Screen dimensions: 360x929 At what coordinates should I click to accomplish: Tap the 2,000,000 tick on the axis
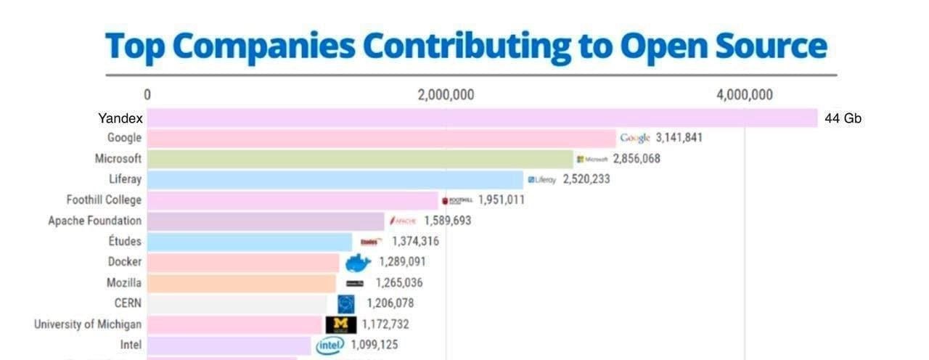coord(446,95)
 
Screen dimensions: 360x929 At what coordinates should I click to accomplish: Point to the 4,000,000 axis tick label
coord(744,95)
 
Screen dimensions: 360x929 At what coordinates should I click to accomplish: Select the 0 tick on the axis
coord(147,95)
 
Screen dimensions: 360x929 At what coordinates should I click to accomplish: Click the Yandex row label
coord(120,118)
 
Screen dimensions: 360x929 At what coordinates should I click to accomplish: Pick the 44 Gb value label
coord(843,118)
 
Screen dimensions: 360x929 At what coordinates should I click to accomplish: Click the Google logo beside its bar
coord(635,138)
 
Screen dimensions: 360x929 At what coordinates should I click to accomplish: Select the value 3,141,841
coord(679,138)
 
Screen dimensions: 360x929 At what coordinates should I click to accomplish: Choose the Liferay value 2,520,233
coord(586,179)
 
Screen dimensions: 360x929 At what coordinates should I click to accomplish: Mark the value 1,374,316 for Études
coord(415,241)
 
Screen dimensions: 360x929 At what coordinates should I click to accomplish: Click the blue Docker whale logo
coord(358,262)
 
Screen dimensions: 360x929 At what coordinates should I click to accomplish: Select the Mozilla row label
coord(124,282)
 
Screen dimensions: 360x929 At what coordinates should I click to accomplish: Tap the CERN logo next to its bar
coord(346,303)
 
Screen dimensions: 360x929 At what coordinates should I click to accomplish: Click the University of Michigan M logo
coord(340,324)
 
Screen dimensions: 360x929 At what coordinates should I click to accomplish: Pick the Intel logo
coord(330,345)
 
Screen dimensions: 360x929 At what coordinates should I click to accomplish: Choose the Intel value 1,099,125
coord(375,345)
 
